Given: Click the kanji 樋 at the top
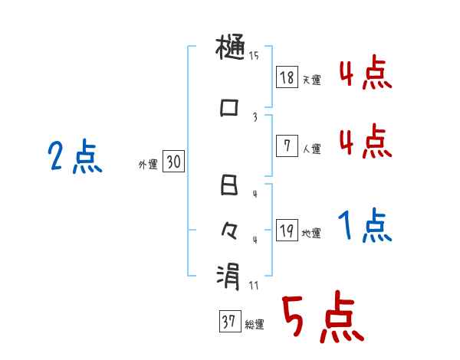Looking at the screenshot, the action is pos(230,51).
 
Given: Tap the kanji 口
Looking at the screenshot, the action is pos(229,108).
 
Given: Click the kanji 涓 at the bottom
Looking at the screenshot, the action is pos(229,275).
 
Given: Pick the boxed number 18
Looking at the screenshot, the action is pos(287,77).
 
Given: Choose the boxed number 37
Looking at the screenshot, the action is pos(229,322).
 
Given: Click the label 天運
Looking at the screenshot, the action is pos(311,80).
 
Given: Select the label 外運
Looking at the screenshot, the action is pos(148,163).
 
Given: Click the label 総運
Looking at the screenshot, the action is pos(255,325).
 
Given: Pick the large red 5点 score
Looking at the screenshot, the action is pos(322,319).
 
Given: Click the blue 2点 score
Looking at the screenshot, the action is pos(74,158).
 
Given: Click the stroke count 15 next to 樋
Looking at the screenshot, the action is pos(254,55).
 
